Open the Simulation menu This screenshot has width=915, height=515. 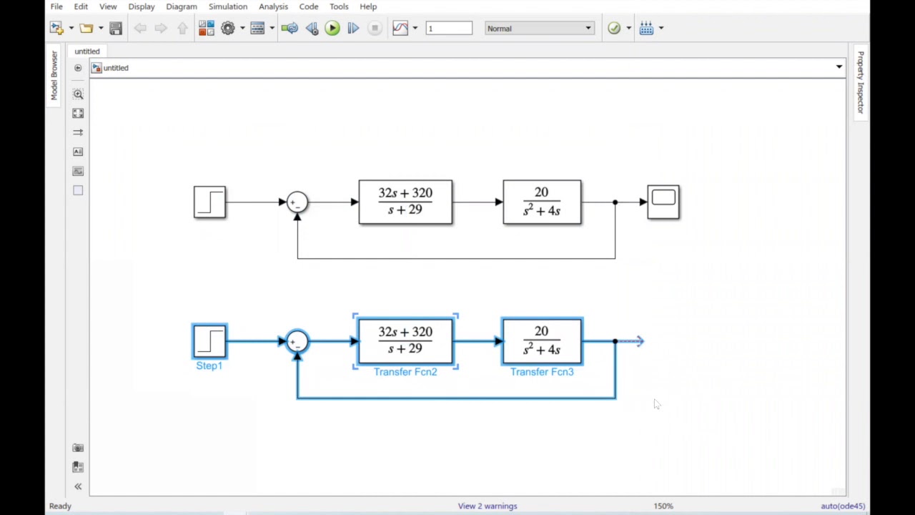[227, 6]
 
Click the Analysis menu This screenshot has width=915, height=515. [273, 6]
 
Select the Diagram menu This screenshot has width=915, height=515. [181, 6]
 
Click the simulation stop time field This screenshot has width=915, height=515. [449, 29]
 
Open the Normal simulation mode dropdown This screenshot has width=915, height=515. [539, 29]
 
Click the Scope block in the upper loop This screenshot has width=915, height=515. [663, 202]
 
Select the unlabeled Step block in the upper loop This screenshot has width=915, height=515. [209, 202]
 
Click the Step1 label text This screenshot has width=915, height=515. [209, 366]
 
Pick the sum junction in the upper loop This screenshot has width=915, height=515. [297, 202]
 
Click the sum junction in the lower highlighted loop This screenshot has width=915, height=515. [297, 341]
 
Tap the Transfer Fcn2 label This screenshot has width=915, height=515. [405, 372]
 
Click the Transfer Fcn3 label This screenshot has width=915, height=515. [542, 372]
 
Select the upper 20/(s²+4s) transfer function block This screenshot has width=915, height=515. [542, 202]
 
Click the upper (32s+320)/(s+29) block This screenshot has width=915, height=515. [405, 202]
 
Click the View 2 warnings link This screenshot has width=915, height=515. [488, 506]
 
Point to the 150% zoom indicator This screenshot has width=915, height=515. [663, 506]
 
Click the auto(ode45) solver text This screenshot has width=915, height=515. [842, 506]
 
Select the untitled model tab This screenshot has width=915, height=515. [87, 51]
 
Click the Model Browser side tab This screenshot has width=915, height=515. [54, 75]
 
